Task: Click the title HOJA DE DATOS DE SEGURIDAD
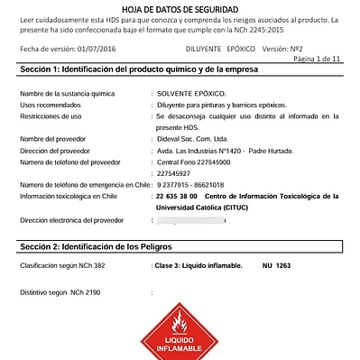[180, 6]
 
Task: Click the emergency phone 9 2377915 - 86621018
[189, 184]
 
